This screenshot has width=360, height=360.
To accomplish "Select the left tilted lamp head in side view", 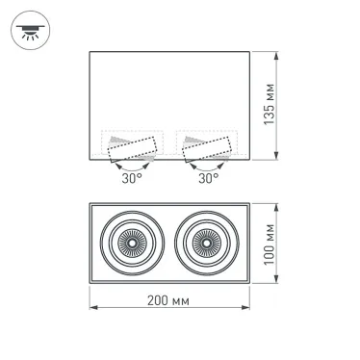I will [x=132, y=148].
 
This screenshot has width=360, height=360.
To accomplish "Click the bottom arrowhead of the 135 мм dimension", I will [x=278, y=160].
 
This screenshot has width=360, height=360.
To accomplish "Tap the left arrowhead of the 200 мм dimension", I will [x=92, y=309].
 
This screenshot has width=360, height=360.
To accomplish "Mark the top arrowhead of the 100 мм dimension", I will [x=278, y=204].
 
